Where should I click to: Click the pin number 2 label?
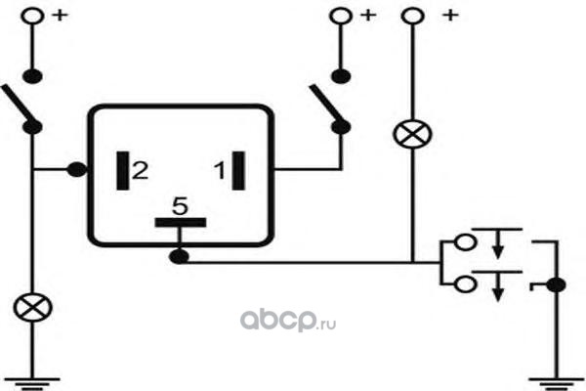tap(141, 172)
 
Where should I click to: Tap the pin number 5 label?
tap(179, 206)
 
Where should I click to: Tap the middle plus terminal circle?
tap(341, 16)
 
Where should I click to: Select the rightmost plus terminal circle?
tap(411, 16)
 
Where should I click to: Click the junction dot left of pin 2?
tap(74, 171)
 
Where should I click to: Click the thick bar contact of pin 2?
tap(123, 172)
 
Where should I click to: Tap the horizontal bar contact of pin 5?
tap(179, 222)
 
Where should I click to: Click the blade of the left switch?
tap(20, 106)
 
